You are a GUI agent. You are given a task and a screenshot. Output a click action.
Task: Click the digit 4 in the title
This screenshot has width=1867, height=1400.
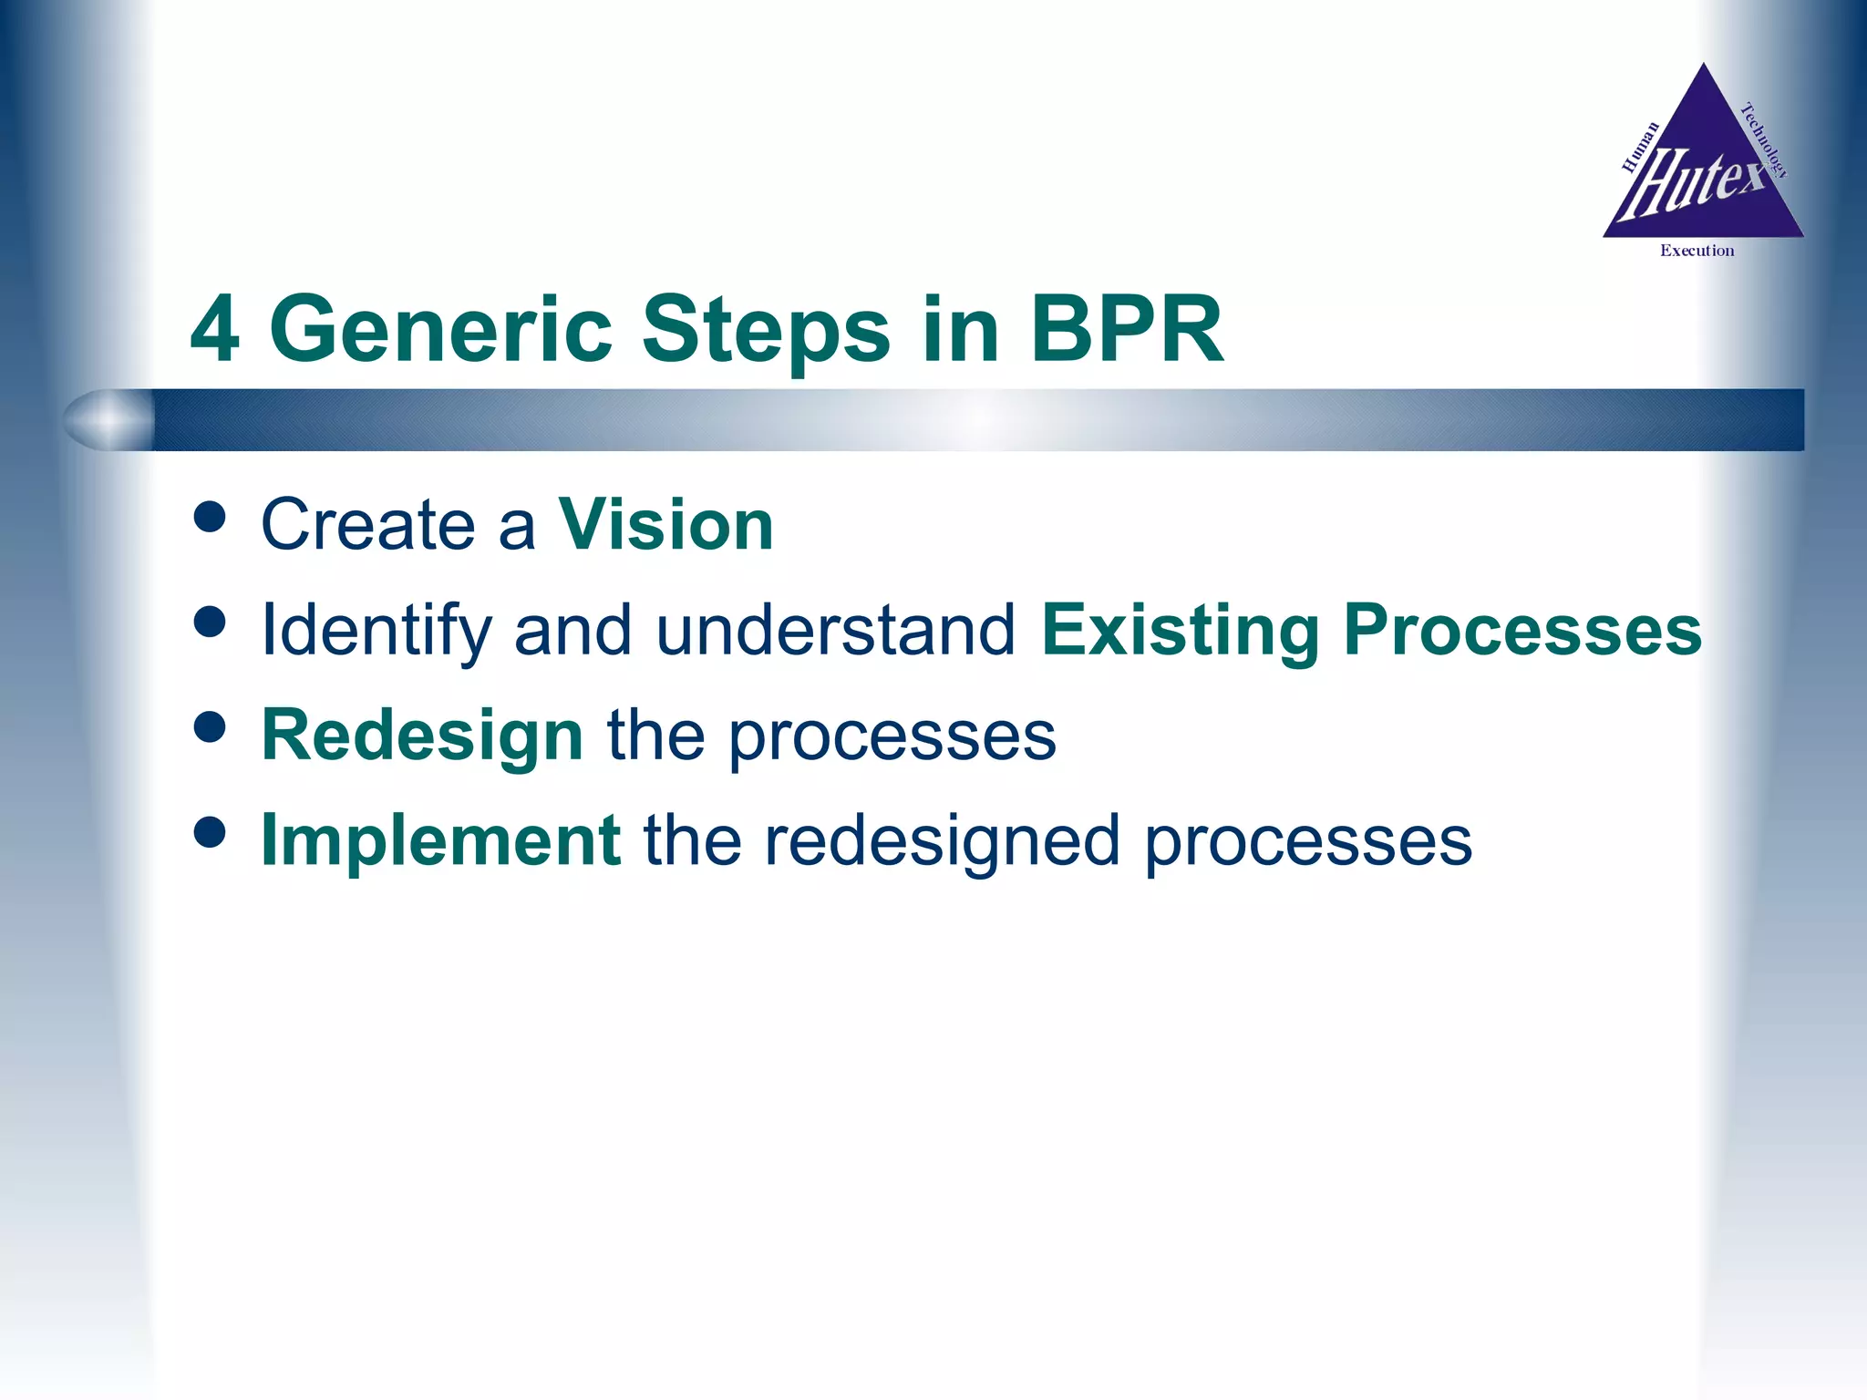pos(215,331)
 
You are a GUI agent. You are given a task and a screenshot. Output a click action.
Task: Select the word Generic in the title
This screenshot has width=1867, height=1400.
pos(440,331)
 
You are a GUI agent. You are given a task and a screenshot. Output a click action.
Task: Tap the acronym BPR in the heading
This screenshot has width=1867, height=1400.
pos(1127,331)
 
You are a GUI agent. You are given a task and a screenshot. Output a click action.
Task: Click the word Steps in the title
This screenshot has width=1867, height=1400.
pos(766,331)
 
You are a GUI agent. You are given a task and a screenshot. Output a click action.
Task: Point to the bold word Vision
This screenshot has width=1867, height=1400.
pos(665,526)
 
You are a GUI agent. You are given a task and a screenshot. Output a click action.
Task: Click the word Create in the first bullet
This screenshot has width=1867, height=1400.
pos(368,526)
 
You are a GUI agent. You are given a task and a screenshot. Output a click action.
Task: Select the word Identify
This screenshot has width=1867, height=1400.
pos(376,631)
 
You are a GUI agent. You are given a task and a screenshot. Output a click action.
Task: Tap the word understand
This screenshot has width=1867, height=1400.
pos(835,631)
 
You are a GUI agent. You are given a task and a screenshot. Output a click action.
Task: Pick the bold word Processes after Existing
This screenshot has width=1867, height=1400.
pos(1522,631)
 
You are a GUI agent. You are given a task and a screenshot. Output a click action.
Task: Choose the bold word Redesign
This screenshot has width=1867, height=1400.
pos(422,736)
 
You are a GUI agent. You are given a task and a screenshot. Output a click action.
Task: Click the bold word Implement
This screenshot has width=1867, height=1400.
pos(441,840)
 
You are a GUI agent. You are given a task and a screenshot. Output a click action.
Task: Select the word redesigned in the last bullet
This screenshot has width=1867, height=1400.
pos(942,840)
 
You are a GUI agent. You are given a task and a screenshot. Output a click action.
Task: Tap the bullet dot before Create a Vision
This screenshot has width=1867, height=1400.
pos(210,517)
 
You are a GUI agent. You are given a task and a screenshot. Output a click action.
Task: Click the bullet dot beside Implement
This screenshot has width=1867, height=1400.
pos(210,831)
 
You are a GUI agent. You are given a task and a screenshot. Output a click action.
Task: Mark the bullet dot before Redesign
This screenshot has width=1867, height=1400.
pos(210,726)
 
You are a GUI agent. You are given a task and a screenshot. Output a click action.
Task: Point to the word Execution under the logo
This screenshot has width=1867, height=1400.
pos(1697,251)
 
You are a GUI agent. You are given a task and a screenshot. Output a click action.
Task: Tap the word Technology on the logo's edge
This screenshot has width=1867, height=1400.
pos(1764,140)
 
